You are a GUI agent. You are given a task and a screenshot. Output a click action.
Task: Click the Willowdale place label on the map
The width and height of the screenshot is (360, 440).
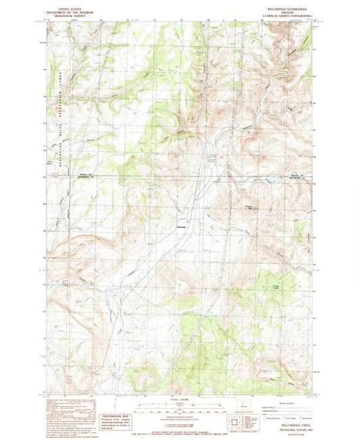point(180,226)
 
